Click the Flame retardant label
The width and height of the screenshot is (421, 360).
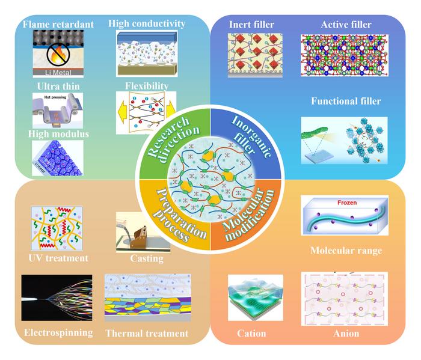(x=58, y=24)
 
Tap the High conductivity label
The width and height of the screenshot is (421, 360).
(x=147, y=23)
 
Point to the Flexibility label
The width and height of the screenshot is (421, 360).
(x=146, y=85)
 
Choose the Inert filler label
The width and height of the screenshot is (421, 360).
(x=251, y=25)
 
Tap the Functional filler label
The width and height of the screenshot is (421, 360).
(x=346, y=101)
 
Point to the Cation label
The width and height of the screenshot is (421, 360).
(x=251, y=334)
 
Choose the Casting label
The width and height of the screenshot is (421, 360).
(x=147, y=258)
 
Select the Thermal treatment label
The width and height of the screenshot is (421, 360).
(x=147, y=333)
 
